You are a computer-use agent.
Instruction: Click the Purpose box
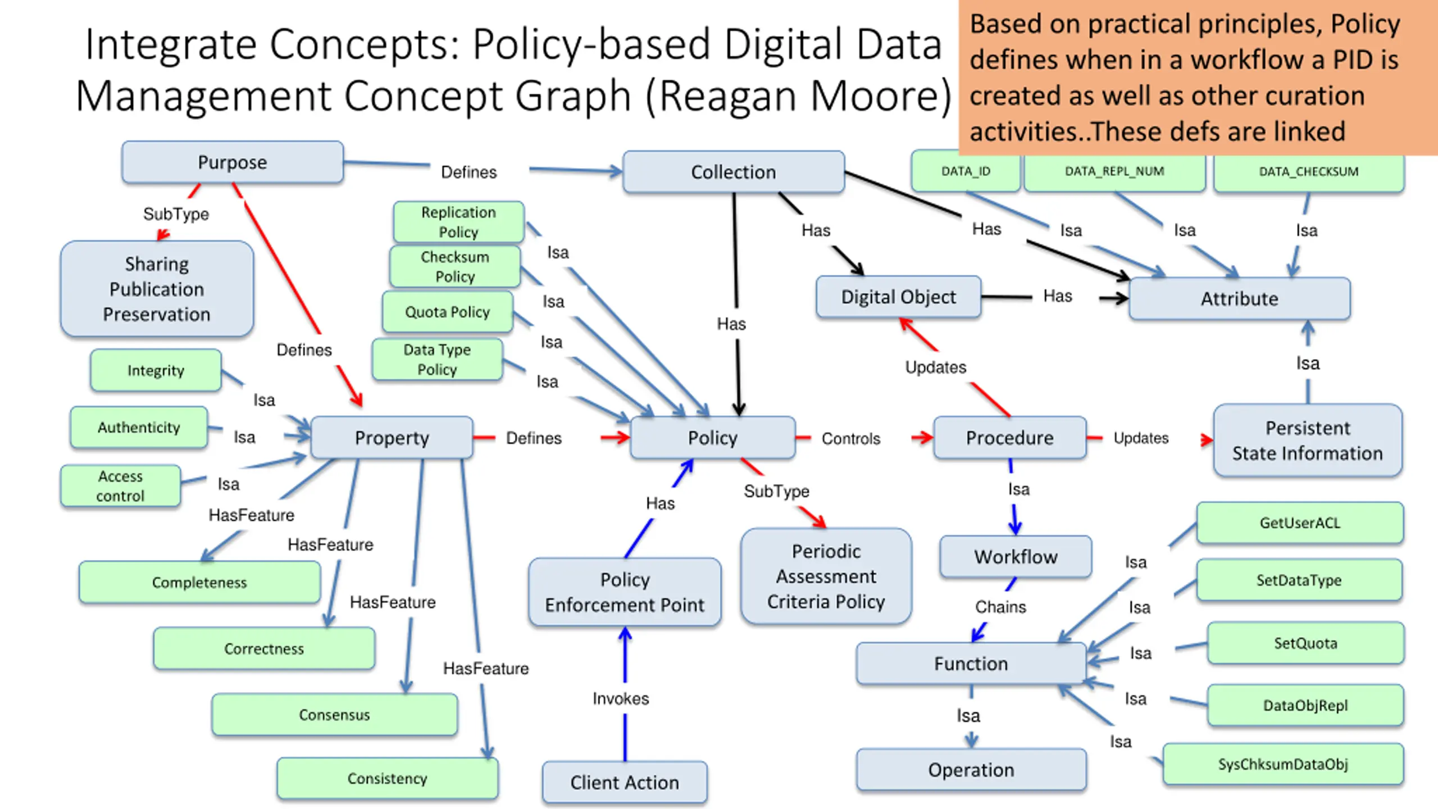233,162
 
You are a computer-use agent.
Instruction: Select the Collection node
734,172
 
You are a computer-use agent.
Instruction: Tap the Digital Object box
898,297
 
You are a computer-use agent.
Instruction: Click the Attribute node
1240,298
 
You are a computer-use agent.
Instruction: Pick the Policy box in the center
713,438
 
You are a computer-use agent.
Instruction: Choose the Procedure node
1010,438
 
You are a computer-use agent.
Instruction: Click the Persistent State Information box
1308,440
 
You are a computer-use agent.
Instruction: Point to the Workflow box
1016,557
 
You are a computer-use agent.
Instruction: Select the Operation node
971,770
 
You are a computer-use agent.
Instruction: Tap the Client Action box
625,782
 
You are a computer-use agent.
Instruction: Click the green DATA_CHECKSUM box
1309,172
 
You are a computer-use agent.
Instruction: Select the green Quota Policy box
448,312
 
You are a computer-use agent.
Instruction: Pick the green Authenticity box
139,428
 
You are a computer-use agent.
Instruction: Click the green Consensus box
335,715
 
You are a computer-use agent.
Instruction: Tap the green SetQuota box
1305,643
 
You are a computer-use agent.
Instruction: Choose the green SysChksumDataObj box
1283,764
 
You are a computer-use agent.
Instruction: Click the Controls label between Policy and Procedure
851,439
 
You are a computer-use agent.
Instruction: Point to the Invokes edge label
621,698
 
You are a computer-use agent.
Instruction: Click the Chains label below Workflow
1000,607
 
